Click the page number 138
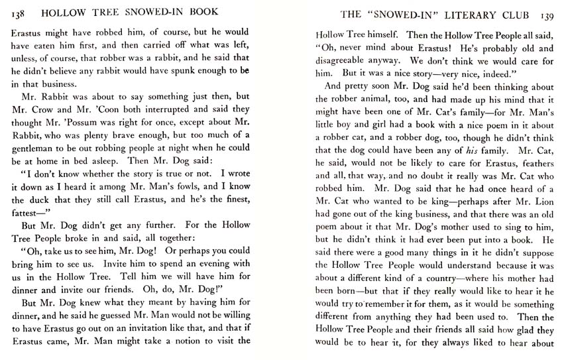pos(21,15)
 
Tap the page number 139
pos(548,15)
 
